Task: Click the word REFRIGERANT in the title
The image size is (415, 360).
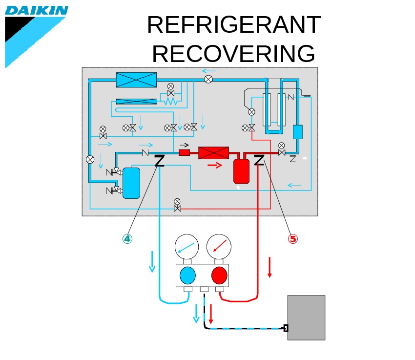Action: tap(233, 25)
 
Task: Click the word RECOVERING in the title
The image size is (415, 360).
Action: tap(233, 53)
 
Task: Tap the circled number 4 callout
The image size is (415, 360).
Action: tap(127, 238)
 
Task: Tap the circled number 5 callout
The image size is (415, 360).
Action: tap(292, 238)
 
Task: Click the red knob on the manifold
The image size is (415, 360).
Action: tap(219, 275)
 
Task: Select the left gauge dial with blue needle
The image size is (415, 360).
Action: tap(187, 246)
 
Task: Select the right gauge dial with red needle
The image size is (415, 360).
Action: tap(219, 246)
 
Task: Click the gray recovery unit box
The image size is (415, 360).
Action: tap(306, 318)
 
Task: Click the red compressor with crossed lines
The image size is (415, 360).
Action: tap(213, 153)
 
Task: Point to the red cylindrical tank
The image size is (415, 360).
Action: tap(241, 171)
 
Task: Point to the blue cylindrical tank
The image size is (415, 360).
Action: tap(131, 183)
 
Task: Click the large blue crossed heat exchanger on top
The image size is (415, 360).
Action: tap(136, 80)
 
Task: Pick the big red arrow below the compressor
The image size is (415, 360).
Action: tap(214, 166)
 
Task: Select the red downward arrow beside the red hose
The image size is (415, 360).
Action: tap(270, 267)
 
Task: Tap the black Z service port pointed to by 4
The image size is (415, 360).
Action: tap(159, 161)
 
